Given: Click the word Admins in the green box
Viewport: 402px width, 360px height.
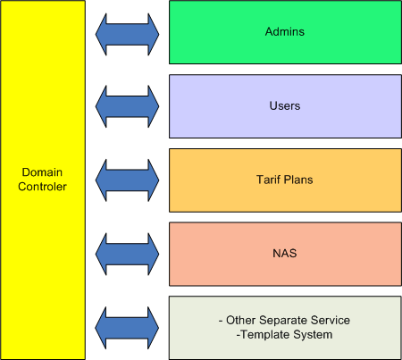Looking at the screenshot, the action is pyautogui.click(x=285, y=31).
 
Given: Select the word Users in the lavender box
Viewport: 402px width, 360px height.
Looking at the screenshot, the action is pyautogui.click(x=285, y=105).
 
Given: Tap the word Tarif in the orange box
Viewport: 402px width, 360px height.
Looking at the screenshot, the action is pyautogui.click(x=268, y=180).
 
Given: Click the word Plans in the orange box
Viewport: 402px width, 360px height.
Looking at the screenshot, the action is pyautogui.click(x=298, y=180).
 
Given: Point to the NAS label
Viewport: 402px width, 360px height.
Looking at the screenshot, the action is pyautogui.click(x=285, y=254).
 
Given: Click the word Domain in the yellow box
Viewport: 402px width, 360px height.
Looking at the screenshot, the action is pyautogui.click(x=42, y=172).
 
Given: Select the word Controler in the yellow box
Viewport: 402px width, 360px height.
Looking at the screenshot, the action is pyautogui.click(x=42, y=187).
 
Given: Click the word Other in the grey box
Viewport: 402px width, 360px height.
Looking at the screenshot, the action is pyautogui.click(x=240, y=320).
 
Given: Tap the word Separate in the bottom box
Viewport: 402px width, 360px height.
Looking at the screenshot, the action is pyautogui.click(x=282, y=321).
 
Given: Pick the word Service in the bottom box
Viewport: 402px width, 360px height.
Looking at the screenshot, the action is pyautogui.click(x=330, y=320).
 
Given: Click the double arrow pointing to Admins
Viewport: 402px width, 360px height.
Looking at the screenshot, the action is pyautogui.click(x=127, y=34).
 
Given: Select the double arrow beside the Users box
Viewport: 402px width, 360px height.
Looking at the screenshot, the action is pyautogui.click(x=127, y=106).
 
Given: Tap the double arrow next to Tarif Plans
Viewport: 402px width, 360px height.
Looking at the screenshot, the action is pyautogui.click(x=127, y=180).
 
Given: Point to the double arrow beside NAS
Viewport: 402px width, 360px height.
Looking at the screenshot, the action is pyautogui.click(x=127, y=254).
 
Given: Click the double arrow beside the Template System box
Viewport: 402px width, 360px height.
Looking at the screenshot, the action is pyautogui.click(x=127, y=328).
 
